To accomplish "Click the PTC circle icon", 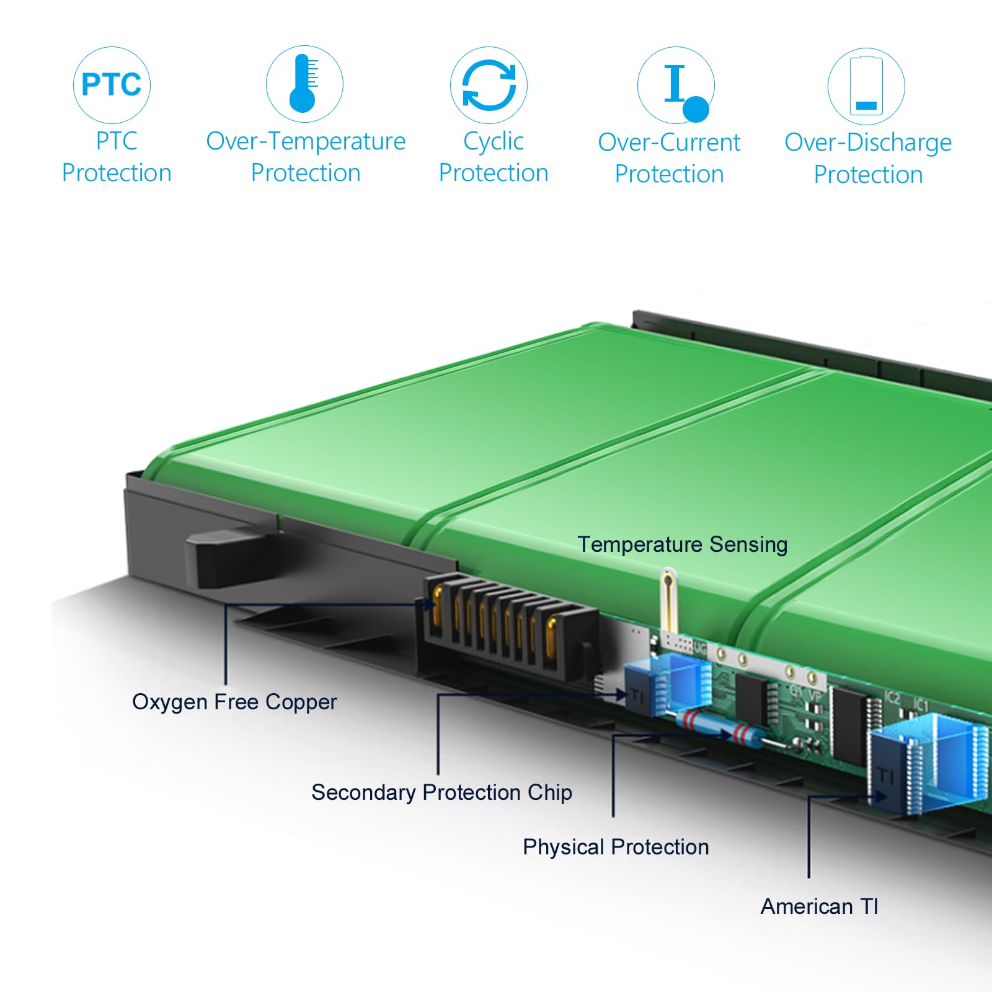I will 112,84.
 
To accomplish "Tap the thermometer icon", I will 304,84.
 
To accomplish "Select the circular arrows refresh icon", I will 489,85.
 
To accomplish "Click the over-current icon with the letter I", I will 676,85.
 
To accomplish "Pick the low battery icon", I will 866,86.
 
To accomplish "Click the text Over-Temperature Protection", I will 306,157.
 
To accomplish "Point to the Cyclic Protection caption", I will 494,157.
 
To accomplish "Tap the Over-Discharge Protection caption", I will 868,158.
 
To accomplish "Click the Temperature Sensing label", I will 682,544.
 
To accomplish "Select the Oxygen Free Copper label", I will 234,702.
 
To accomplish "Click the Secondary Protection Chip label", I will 441,792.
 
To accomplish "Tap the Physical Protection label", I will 616,847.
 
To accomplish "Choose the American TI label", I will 820,906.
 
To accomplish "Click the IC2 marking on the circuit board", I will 892,697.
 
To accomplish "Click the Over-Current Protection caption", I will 669,158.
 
